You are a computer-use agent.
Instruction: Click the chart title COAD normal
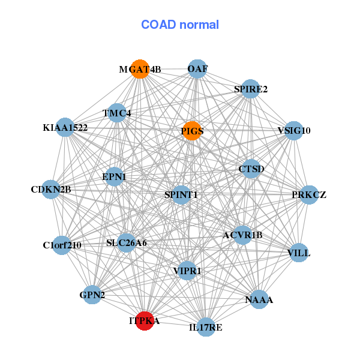(180, 25)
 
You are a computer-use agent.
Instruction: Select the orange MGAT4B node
(140, 69)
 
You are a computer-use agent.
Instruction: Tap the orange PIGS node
(191, 131)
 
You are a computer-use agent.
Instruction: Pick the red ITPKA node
(145, 320)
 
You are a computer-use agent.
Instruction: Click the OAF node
(197, 69)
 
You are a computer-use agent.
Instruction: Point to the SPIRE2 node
(250, 89)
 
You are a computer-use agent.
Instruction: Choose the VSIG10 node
(293, 130)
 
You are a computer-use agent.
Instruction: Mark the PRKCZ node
(308, 194)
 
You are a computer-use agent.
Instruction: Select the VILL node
(299, 253)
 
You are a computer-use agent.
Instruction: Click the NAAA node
(259, 299)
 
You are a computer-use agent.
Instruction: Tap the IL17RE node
(205, 327)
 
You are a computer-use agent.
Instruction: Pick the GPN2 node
(92, 295)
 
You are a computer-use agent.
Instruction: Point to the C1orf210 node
(62, 245)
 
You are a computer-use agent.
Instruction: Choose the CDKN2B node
(51, 190)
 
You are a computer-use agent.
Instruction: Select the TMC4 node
(116, 113)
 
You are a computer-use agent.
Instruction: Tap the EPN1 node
(114, 176)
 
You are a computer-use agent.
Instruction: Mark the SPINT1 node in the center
(181, 194)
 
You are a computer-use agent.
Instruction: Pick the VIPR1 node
(187, 271)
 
